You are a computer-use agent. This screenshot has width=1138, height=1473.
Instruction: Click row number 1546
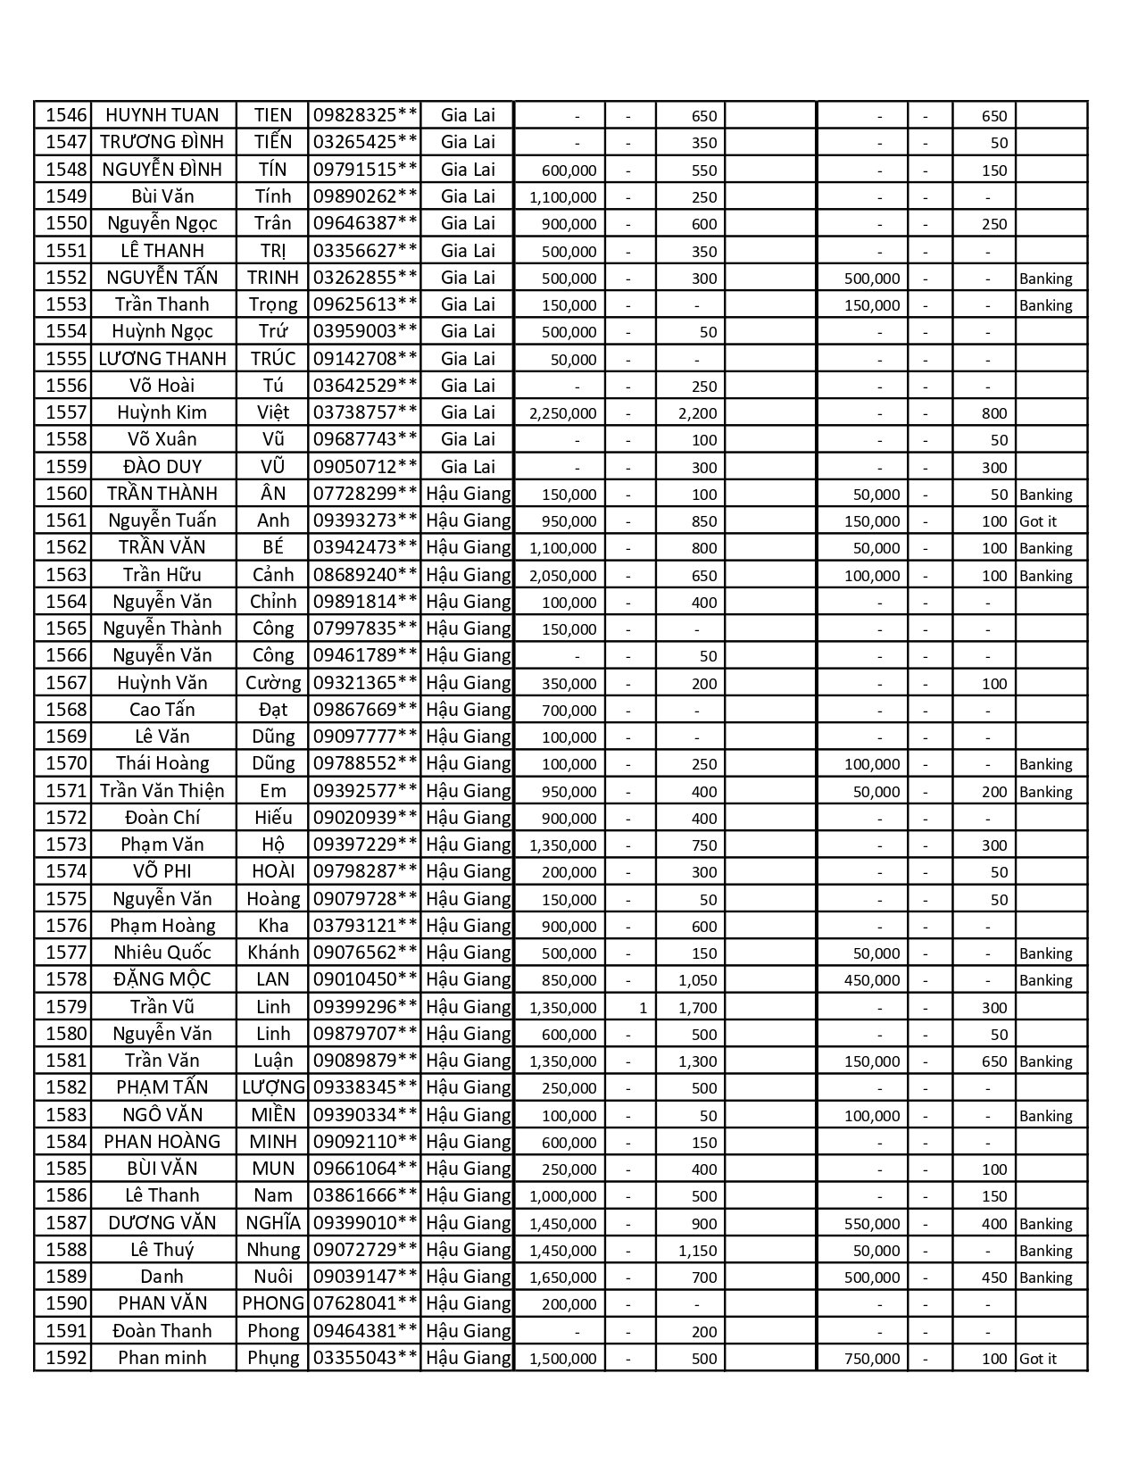point(66,115)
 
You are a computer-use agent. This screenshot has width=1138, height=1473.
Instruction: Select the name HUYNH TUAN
point(162,115)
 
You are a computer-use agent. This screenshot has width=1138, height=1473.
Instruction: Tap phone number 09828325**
point(364,115)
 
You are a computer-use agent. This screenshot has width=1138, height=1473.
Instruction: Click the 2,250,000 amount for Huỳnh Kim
point(563,413)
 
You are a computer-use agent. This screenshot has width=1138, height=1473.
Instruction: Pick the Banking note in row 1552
point(1045,279)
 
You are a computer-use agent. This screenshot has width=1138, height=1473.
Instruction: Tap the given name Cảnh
point(273,575)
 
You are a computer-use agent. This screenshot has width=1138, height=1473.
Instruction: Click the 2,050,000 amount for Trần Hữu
point(563,576)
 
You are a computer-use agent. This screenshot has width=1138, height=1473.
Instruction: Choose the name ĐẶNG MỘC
point(162,979)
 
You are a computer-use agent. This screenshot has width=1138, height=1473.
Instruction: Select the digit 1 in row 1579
point(643,1008)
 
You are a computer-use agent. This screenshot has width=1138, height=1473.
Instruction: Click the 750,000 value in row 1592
point(872,1359)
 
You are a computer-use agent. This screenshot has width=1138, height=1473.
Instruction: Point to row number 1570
point(66,763)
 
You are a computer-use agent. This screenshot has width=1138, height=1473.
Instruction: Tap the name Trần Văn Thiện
point(162,791)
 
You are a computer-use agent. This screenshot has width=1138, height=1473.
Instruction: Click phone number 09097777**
point(364,736)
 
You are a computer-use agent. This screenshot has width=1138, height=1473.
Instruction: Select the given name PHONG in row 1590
point(273,1303)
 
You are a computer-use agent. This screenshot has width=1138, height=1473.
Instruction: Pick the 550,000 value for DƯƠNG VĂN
point(872,1224)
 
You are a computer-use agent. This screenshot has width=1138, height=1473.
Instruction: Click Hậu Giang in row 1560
point(469,494)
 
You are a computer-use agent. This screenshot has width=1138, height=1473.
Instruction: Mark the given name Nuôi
point(273,1277)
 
